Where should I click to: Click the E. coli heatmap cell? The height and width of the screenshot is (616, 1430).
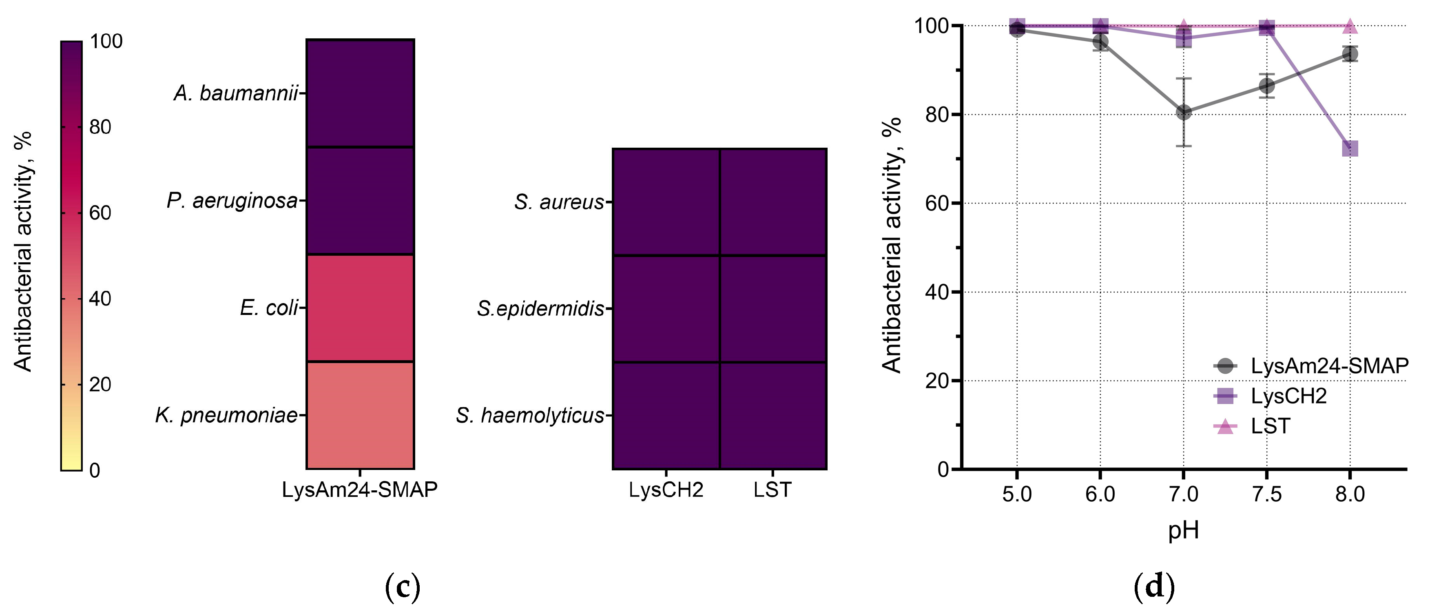coord(360,308)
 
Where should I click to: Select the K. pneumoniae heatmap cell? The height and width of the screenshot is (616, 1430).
coord(360,415)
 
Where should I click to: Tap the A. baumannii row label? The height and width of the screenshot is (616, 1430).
coord(236,93)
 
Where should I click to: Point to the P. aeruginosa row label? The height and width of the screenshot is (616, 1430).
coord(232,201)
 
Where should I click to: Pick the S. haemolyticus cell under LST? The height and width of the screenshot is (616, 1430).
coord(773,415)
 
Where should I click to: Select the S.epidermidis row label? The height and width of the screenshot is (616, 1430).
coord(540,309)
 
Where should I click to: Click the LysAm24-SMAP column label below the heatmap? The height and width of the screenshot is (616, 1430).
coord(360,490)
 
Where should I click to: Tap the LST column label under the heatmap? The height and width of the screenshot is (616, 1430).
coord(772,490)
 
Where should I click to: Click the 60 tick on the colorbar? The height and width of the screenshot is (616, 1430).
coord(100,213)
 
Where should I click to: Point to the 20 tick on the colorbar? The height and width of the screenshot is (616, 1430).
coord(100,384)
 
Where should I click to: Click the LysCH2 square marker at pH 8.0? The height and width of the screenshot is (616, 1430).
coord(1350,148)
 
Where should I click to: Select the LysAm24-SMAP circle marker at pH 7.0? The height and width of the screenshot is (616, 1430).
coord(1184,112)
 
